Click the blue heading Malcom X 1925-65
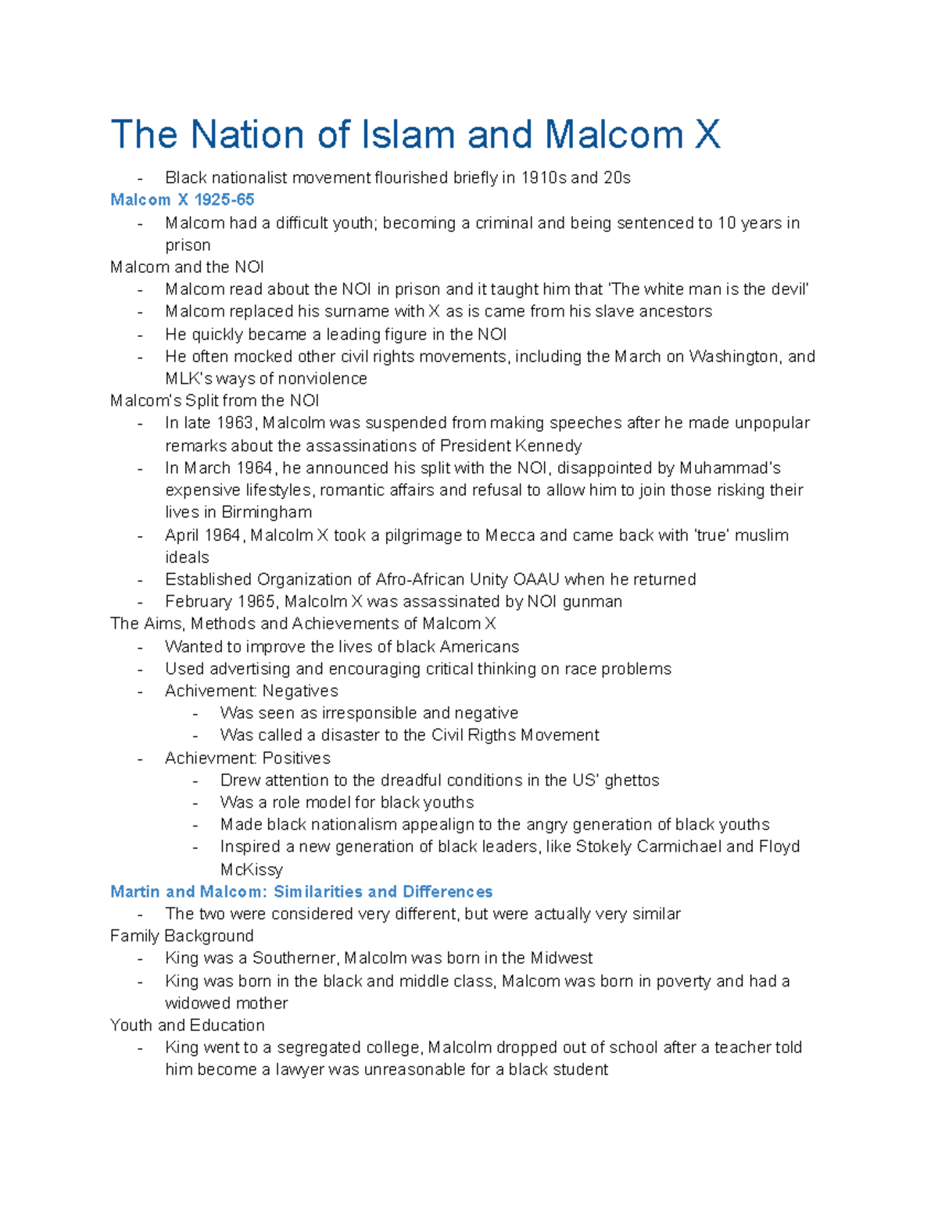[182, 200]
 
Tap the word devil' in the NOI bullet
[787, 289]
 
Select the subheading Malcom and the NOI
[187, 267]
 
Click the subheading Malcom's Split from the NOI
[214, 401]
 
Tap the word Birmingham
[267, 513]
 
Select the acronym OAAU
[535, 580]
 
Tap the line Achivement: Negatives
[251, 691]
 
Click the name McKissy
[251, 870]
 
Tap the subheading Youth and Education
[187, 1026]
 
